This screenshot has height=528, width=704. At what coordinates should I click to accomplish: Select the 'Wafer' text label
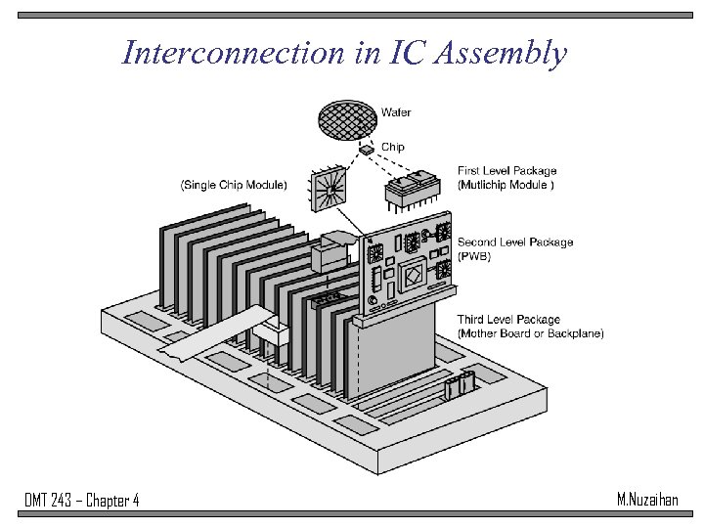point(396,112)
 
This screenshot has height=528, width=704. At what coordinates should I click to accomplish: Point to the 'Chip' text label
point(392,148)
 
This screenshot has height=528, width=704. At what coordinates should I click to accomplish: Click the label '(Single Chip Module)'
point(234,185)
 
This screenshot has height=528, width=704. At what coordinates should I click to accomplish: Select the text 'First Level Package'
point(506,171)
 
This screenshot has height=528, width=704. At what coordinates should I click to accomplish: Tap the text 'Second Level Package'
point(515,242)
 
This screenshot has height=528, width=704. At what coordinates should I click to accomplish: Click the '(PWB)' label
point(475,256)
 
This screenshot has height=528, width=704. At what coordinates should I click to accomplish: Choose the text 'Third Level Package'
point(508,320)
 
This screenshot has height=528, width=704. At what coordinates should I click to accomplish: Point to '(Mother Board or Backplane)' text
point(530,333)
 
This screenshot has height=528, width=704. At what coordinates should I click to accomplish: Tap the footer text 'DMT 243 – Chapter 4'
point(81,501)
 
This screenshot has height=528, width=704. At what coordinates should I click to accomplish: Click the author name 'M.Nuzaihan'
point(647,500)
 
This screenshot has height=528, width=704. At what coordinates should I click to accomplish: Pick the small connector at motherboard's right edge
point(459,386)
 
